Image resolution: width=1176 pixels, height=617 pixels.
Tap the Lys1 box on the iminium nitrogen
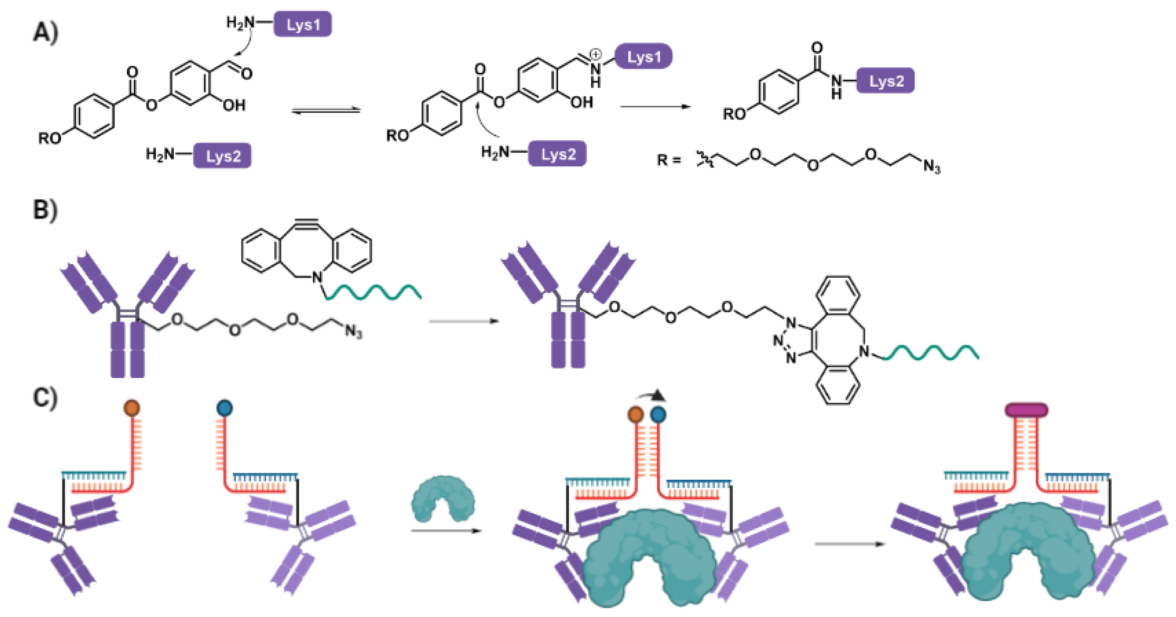tap(643, 57)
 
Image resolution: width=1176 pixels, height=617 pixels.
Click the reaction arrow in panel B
tap(464, 321)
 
